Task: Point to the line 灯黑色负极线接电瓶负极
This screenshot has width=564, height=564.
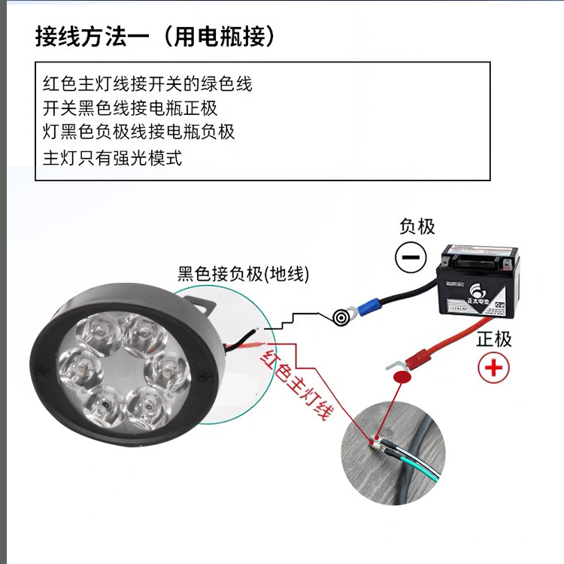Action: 139,132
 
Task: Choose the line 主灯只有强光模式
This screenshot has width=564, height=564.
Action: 112,157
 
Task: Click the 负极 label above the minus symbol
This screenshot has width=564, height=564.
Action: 417,226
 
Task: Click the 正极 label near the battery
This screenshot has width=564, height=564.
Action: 493,338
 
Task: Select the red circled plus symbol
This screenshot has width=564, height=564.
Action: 494,368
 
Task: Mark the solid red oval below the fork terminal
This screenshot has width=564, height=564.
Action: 403,376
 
